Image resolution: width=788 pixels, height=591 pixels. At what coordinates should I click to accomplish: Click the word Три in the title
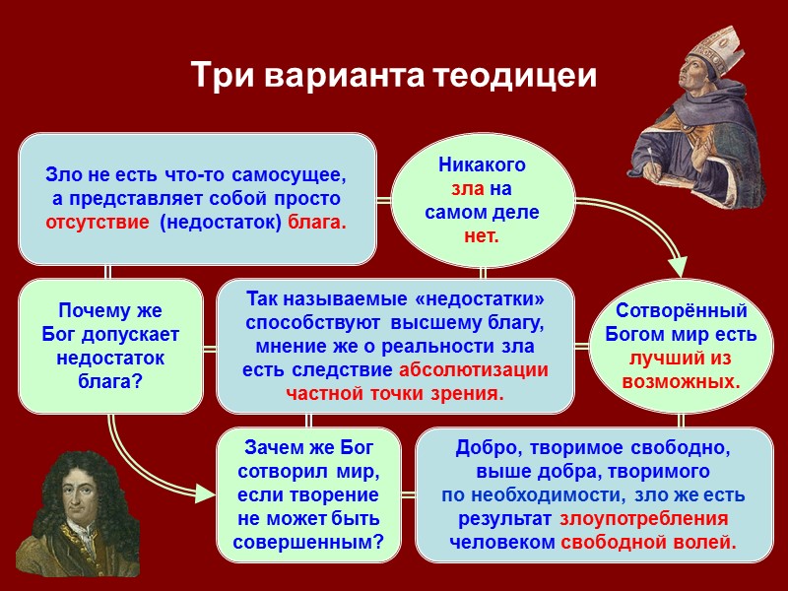click(x=220, y=76)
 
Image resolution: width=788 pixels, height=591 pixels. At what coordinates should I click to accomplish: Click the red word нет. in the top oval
click(x=482, y=235)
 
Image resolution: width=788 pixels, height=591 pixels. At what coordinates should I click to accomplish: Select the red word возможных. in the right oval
click(x=681, y=380)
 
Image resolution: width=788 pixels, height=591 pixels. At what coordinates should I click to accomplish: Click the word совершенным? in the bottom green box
click(x=308, y=541)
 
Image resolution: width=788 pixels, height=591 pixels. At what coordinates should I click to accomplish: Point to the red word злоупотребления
click(x=644, y=518)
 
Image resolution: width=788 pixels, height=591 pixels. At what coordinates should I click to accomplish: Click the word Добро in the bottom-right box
click(x=479, y=448)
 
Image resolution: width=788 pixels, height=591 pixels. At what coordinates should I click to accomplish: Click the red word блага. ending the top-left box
click(x=317, y=222)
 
